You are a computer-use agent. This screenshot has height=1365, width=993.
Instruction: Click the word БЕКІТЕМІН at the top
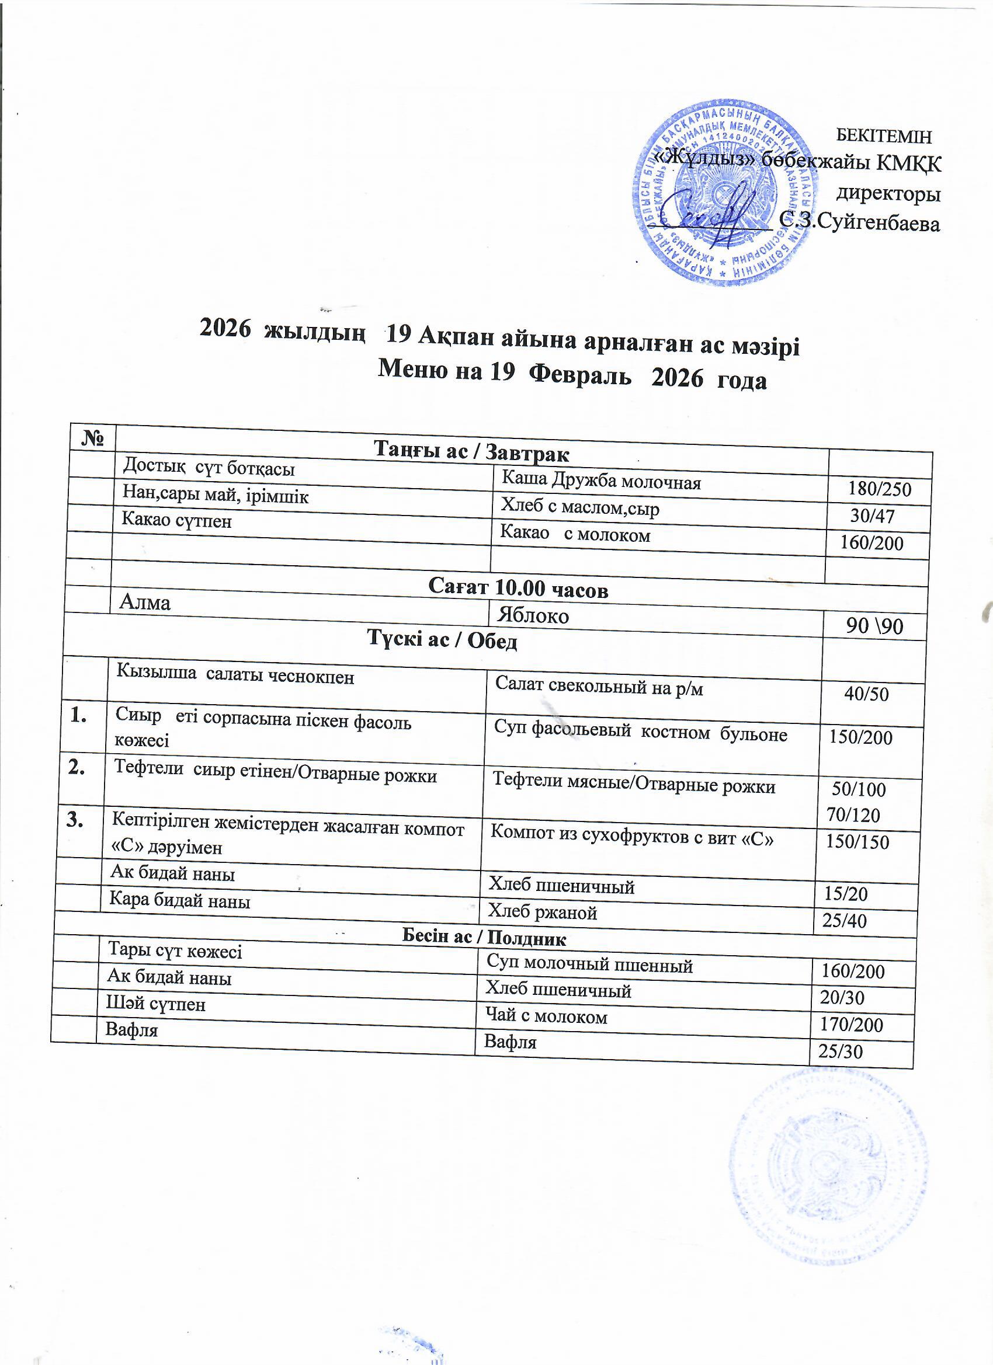(884, 137)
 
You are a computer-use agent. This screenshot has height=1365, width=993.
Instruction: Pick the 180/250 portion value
(880, 489)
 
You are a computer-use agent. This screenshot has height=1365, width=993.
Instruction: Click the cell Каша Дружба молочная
(602, 481)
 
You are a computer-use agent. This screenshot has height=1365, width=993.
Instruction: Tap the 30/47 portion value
(873, 516)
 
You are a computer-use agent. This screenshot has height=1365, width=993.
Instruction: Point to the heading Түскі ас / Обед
(443, 642)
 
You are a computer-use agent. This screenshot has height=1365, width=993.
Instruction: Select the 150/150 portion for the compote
(857, 841)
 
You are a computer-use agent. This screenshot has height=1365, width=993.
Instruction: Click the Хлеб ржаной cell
(543, 913)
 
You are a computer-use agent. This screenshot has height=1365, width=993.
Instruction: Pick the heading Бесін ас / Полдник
(484, 938)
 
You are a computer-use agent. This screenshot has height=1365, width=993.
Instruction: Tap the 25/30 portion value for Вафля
(840, 1051)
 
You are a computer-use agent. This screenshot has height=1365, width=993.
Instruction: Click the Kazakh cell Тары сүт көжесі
(175, 951)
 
